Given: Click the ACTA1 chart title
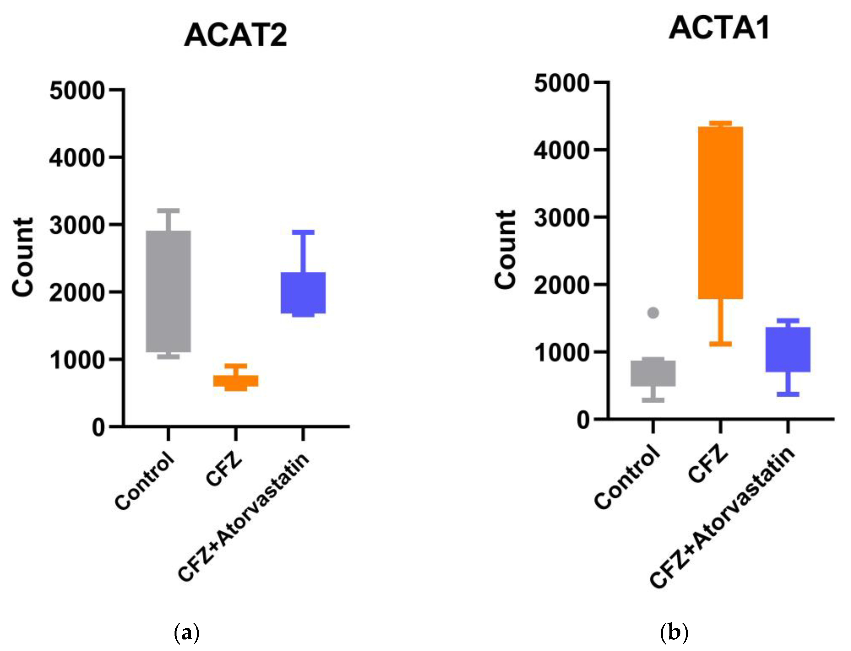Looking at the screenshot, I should click(719, 28).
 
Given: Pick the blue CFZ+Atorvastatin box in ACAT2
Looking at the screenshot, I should click(303, 292).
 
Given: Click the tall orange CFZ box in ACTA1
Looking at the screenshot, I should click(720, 212).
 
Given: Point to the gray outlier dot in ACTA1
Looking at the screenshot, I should click(653, 313).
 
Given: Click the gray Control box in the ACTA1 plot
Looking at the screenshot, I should click(653, 373).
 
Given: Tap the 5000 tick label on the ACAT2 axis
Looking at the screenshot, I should click(77, 91).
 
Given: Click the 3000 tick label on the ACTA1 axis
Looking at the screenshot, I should click(562, 218).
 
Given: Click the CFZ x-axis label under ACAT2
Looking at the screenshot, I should click(224, 472).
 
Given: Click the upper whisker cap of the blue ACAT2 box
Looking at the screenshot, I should click(303, 232).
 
